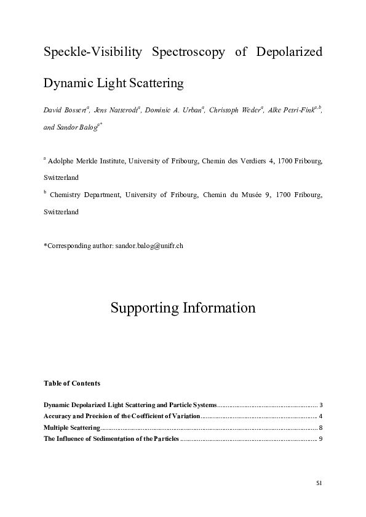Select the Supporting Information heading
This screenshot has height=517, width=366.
(x=183, y=308)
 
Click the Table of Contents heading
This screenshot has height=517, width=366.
(x=72, y=383)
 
